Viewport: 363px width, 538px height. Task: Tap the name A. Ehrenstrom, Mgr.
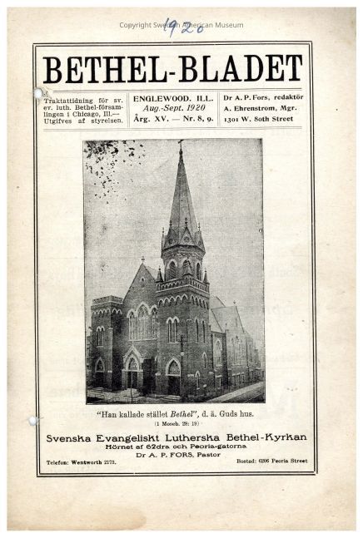(x=267, y=109)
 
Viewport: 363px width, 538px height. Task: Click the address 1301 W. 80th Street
(x=268, y=120)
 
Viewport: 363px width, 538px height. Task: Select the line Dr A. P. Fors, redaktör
(x=269, y=98)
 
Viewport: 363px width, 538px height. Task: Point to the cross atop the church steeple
(x=180, y=145)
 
